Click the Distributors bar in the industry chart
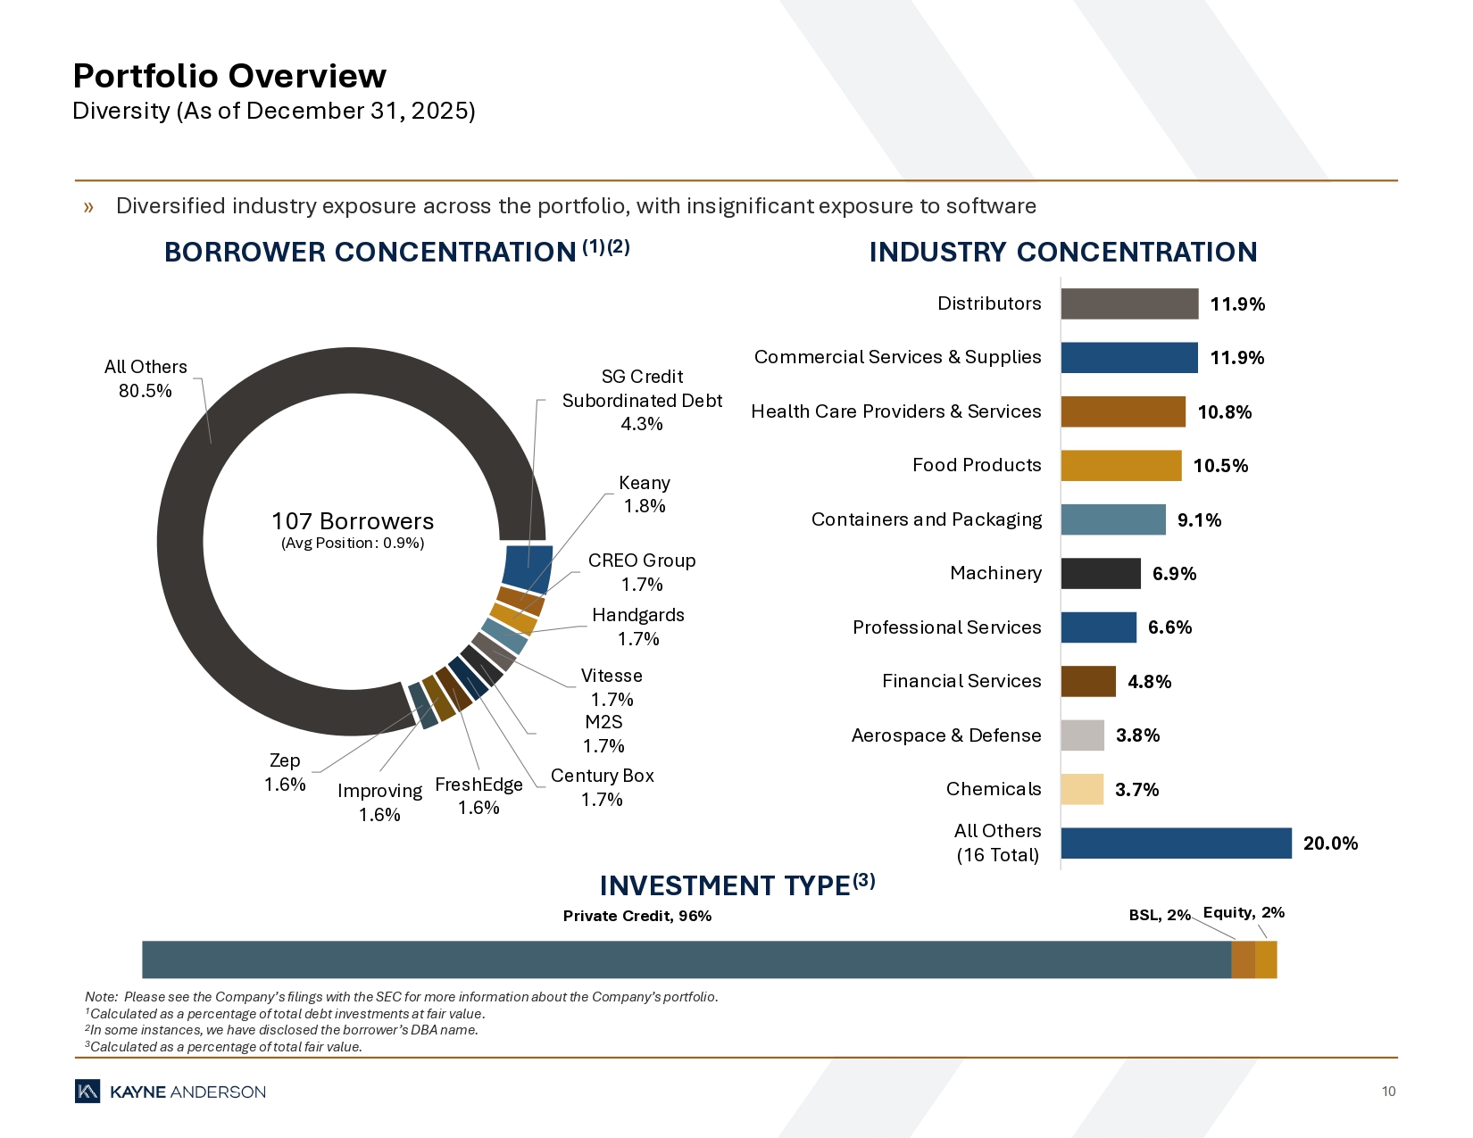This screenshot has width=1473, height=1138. click(x=1129, y=303)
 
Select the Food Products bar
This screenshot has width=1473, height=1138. click(x=1120, y=466)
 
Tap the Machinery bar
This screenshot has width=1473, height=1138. click(x=1100, y=574)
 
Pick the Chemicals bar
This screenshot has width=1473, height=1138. click(x=1082, y=790)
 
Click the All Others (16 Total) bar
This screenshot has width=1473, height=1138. click(x=1176, y=843)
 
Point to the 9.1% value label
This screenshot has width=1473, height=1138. click(x=1199, y=520)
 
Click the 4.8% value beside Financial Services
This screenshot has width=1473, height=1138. click(x=1149, y=682)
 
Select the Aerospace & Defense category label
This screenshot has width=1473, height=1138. click(x=945, y=735)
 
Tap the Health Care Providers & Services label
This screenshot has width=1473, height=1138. click(x=895, y=411)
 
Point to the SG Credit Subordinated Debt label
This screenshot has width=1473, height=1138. click(x=642, y=400)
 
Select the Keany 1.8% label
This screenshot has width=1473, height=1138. click(x=645, y=494)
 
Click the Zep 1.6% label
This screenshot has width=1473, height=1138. click(x=285, y=772)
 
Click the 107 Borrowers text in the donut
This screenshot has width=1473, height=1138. click(x=353, y=521)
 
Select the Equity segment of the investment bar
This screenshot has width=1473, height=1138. click(x=1266, y=959)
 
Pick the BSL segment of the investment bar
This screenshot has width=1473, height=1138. click(x=1243, y=959)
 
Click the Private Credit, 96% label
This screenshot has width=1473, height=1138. click(x=637, y=916)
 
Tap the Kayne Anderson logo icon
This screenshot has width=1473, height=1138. click(x=87, y=1092)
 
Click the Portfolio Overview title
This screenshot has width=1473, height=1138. click(x=229, y=77)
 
